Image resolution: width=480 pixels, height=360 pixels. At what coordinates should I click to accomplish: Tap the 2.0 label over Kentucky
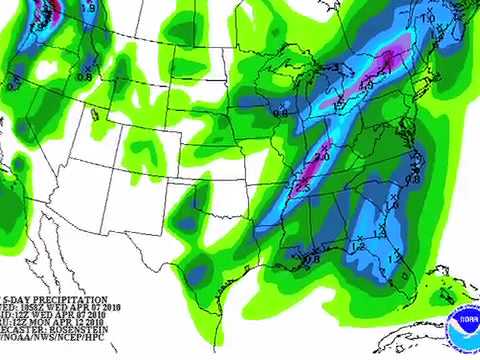coord(321,158)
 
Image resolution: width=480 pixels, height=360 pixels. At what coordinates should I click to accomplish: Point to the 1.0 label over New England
coord(429,19)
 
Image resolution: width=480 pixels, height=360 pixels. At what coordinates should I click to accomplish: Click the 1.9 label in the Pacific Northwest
coord(87,9)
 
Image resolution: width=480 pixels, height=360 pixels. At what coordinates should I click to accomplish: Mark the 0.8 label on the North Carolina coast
coord(411,178)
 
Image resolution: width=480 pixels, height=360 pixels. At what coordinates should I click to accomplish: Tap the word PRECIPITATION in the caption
coord(67,300)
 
